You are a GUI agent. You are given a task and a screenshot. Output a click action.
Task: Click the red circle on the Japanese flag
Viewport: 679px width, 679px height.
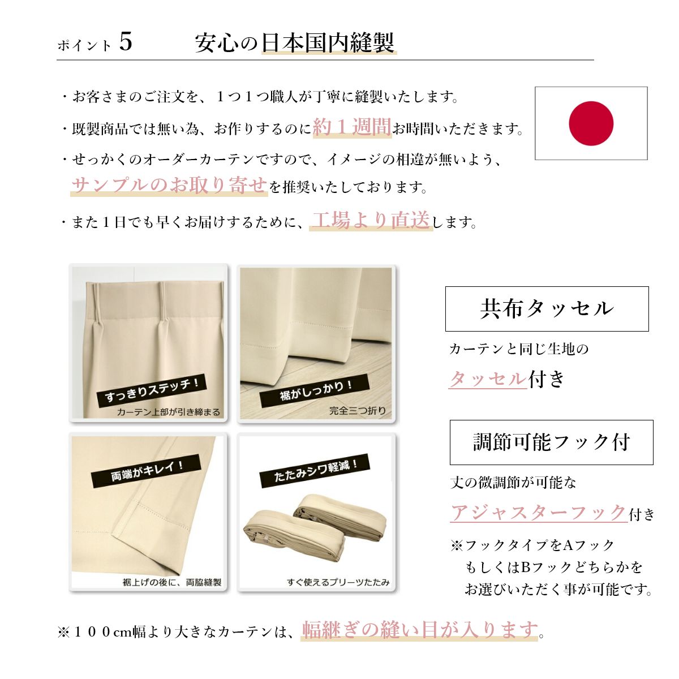pyautogui.click(x=591, y=123)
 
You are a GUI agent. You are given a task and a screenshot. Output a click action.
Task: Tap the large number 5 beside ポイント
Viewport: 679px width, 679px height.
pyautogui.click(x=126, y=42)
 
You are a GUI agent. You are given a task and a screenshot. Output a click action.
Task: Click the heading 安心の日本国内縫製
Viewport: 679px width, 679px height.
pyautogui.click(x=295, y=43)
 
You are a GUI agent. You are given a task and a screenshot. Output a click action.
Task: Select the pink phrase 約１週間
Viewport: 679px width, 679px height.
pyautogui.click(x=352, y=127)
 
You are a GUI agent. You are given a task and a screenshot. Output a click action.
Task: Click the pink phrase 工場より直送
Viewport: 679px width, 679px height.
pyautogui.click(x=371, y=220)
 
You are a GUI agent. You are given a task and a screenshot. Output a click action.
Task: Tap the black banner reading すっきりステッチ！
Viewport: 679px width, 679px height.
pyautogui.click(x=152, y=390)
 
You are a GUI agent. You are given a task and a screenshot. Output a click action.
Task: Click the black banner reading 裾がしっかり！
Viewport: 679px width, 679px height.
pyautogui.click(x=315, y=391)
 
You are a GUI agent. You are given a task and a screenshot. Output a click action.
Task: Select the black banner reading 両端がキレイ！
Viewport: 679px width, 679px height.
pyautogui.click(x=146, y=471)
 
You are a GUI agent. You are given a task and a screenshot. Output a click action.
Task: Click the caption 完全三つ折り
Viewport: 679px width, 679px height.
pyautogui.click(x=357, y=410)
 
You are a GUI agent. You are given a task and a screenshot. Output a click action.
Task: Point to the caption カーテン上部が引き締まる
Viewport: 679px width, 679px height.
pyautogui.click(x=169, y=412)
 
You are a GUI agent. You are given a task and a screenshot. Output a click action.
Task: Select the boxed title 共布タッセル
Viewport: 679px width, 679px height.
pyautogui.click(x=547, y=309)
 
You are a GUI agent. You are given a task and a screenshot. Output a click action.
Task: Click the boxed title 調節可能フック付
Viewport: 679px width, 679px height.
pyautogui.click(x=552, y=442)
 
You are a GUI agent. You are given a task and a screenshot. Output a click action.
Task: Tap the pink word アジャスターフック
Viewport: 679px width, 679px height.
pyautogui.click(x=539, y=512)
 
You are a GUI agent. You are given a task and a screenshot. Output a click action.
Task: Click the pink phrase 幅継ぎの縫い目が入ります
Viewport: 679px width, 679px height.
pyautogui.click(x=420, y=630)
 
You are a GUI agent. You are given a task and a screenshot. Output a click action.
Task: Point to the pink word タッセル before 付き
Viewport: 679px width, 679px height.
pyautogui.click(x=488, y=379)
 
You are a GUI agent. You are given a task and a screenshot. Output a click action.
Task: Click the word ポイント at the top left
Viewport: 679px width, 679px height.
pyautogui.click(x=84, y=46)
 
